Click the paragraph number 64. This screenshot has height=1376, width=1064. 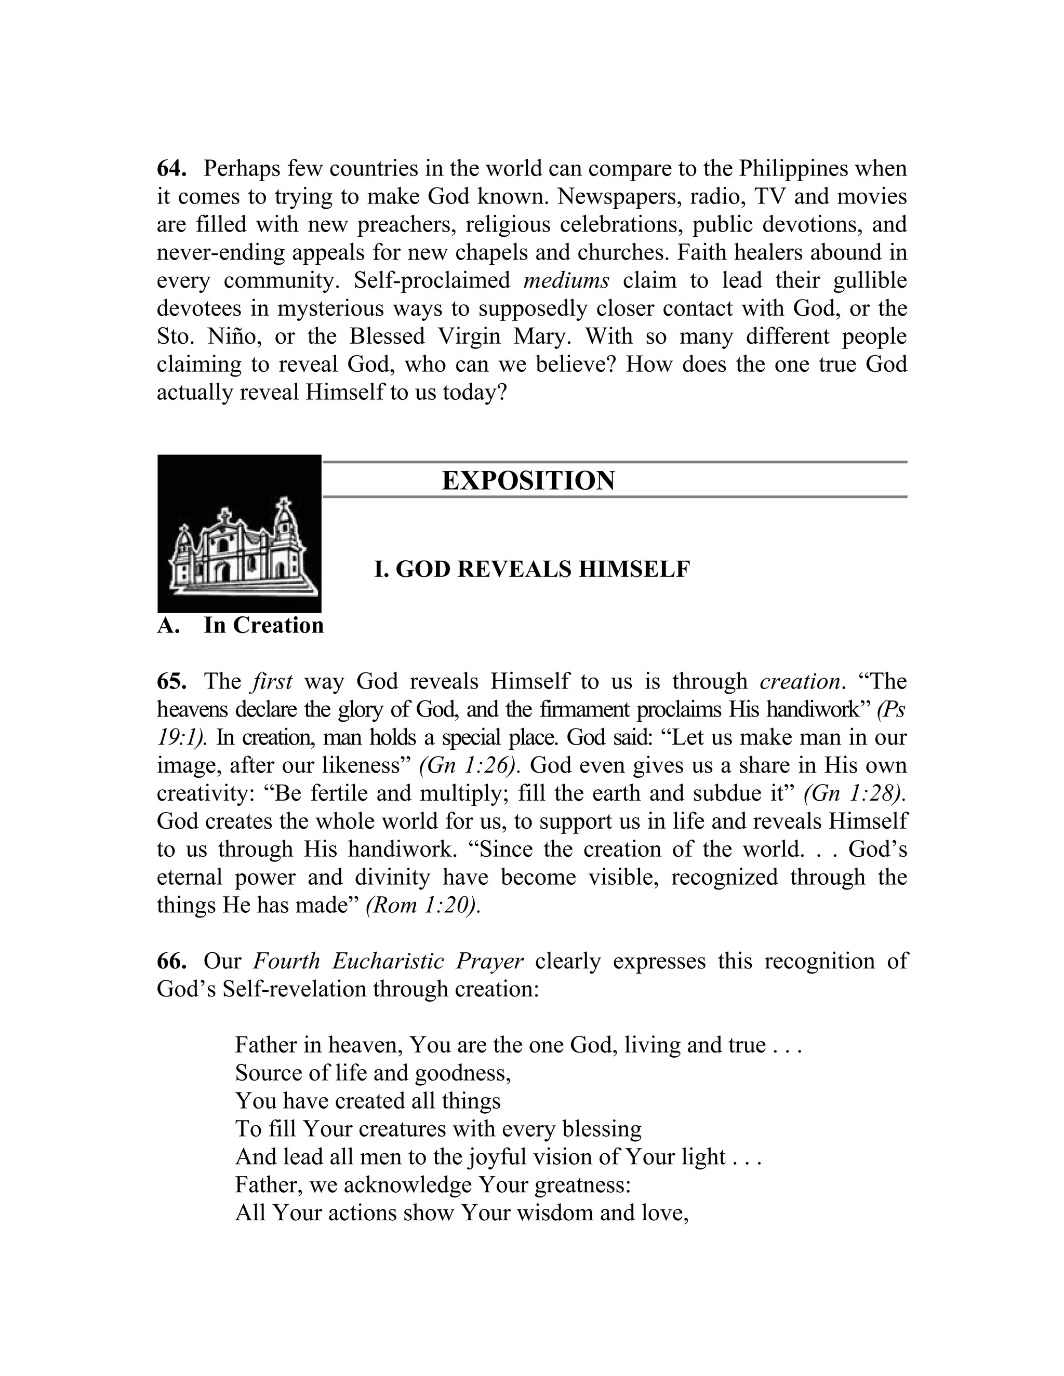coord(171,169)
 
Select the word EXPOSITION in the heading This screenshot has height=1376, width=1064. coord(528,481)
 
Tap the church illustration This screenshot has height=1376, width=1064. coord(240,533)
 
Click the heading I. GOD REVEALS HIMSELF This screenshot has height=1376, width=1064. coord(532,569)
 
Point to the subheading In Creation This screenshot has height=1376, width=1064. coord(263,625)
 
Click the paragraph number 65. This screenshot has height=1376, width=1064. coord(171,682)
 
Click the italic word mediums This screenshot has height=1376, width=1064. coord(566,280)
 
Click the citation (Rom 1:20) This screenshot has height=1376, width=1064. coord(423,906)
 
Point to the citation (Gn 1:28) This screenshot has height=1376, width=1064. coord(855,793)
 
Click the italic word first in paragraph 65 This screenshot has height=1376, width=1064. coord(272,682)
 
